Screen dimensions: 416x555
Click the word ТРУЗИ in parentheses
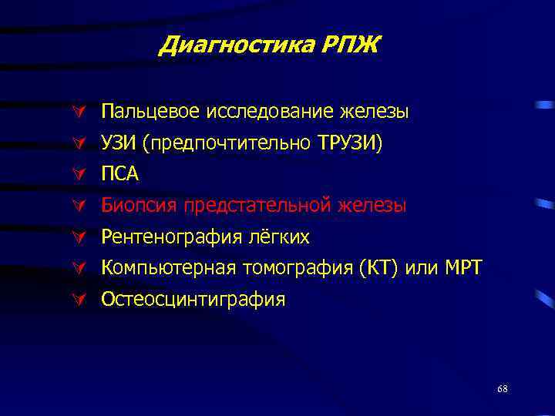349,144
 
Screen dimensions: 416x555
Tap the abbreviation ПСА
120,175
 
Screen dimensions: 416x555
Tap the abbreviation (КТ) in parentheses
375,268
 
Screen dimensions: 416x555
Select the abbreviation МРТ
462,268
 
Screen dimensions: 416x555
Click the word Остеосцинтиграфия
193,300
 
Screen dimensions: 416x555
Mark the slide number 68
502,388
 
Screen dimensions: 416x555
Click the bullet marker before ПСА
77,175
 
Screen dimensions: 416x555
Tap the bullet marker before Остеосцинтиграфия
77,300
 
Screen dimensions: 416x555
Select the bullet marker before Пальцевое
77,112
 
